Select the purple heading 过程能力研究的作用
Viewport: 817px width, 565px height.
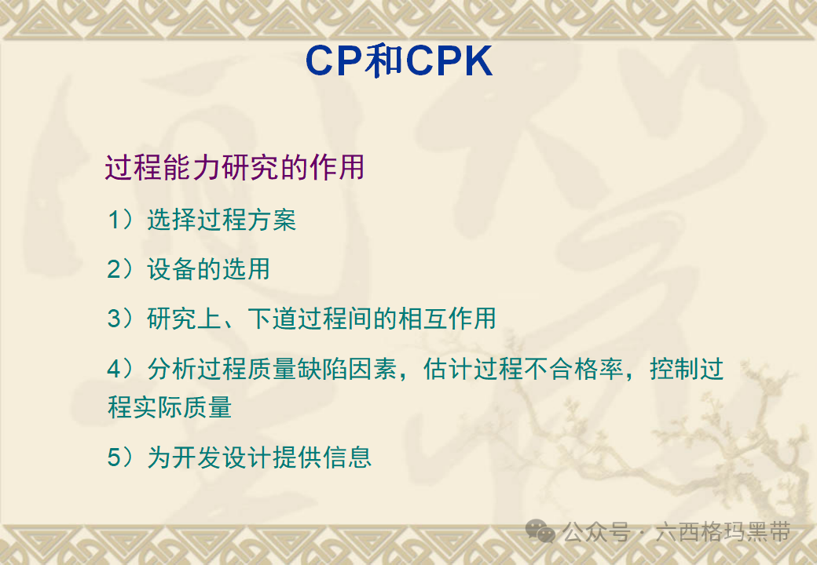coord(234,168)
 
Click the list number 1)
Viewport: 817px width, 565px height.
coord(122,220)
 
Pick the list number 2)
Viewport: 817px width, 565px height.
coord(122,269)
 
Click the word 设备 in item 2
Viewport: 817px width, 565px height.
coord(171,269)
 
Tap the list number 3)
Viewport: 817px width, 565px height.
coord(122,318)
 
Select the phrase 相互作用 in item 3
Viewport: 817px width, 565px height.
coord(446,318)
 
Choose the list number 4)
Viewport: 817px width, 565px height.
coord(122,368)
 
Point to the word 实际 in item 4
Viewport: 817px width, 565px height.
coord(158,408)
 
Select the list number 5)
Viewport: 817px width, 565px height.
coord(122,457)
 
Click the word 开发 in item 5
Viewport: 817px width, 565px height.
coord(196,457)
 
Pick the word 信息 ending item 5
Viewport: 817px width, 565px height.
coord(346,457)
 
